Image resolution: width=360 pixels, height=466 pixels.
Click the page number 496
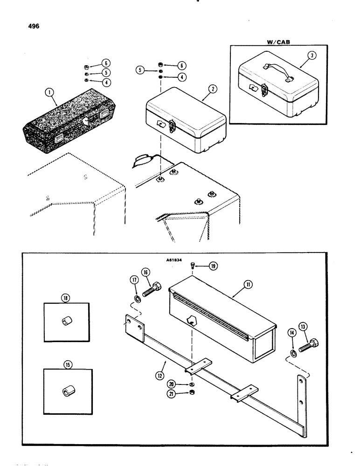pos(34,26)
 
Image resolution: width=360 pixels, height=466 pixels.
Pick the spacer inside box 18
pos(65,322)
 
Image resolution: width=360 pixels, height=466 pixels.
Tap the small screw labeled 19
pos(193,266)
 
